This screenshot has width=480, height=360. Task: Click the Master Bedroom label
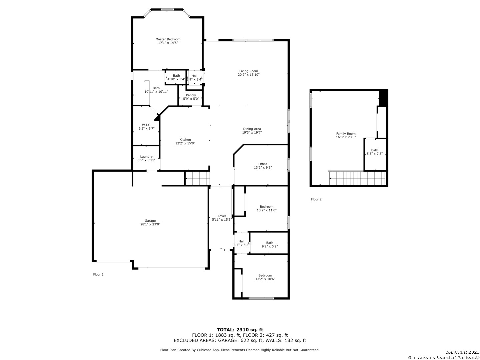(x=168, y=39)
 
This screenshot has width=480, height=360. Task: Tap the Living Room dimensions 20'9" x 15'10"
(x=249, y=75)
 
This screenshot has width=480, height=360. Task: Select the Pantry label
(x=191, y=95)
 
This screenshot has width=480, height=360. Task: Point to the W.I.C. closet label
(x=146, y=125)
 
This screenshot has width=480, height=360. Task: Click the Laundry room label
(x=146, y=157)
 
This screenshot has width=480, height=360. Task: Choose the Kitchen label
(x=185, y=140)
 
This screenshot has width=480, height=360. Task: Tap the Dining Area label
(x=252, y=129)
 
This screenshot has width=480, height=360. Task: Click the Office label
(x=263, y=164)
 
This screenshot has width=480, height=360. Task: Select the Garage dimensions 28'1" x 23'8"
(x=150, y=224)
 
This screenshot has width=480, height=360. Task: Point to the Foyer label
(x=222, y=216)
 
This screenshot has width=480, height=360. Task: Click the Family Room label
(x=346, y=134)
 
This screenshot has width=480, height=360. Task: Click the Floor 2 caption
(x=316, y=199)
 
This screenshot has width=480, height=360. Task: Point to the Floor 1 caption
(x=98, y=275)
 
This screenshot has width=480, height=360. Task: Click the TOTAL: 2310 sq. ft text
(x=240, y=330)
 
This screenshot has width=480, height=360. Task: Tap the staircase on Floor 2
(x=358, y=178)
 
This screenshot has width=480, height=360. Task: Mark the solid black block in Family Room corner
(x=383, y=98)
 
